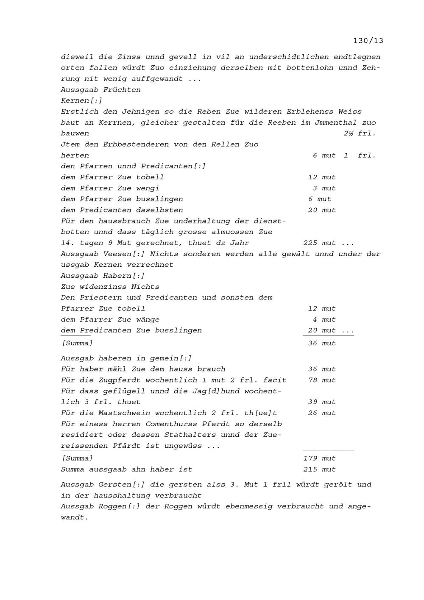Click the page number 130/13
point(368,41)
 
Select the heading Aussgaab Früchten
point(100,89)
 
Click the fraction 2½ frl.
point(360,133)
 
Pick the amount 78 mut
point(322,380)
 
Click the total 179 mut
point(319,458)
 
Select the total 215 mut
point(319,469)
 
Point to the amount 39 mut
point(322,402)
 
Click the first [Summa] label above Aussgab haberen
point(77,343)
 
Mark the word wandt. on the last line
point(75,517)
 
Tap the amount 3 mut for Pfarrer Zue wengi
point(324,188)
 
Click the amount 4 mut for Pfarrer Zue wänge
point(324,320)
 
